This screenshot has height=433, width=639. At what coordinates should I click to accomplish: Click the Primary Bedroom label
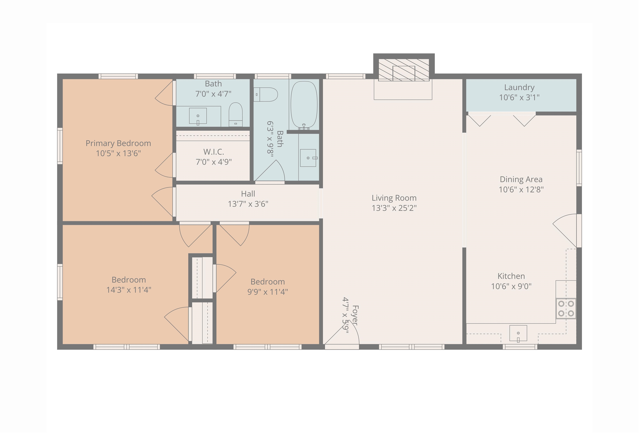(x=118, y=144)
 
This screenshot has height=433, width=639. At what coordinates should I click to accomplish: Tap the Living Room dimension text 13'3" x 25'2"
(x=394, y=208)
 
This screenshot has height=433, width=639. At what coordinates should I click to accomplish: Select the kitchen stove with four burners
(x=566, y=309)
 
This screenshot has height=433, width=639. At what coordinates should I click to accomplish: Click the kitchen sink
(x=518, y=333)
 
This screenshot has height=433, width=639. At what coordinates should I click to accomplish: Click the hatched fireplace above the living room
(x=404, y=70)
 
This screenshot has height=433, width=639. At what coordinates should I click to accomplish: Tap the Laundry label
(x=519, y=87)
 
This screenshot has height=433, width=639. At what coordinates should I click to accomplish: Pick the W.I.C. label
(x=214, y=152)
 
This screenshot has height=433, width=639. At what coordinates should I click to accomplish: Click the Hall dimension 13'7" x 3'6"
(x=248, y=204)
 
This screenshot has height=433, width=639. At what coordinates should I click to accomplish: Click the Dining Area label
(x=521, y=180)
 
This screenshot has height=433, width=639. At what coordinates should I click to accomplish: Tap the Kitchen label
(x=511, y=276)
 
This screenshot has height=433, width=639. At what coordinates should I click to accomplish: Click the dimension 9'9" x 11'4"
(x=267, y=292)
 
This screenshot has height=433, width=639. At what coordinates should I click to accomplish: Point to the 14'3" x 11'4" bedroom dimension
(x=129, y=290)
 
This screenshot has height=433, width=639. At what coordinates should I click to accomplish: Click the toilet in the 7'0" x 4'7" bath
(x=236, y=115)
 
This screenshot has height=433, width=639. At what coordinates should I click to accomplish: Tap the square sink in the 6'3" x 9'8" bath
(x=308, y=158)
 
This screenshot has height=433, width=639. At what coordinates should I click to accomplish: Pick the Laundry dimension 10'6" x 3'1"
(x=519, y=97)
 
